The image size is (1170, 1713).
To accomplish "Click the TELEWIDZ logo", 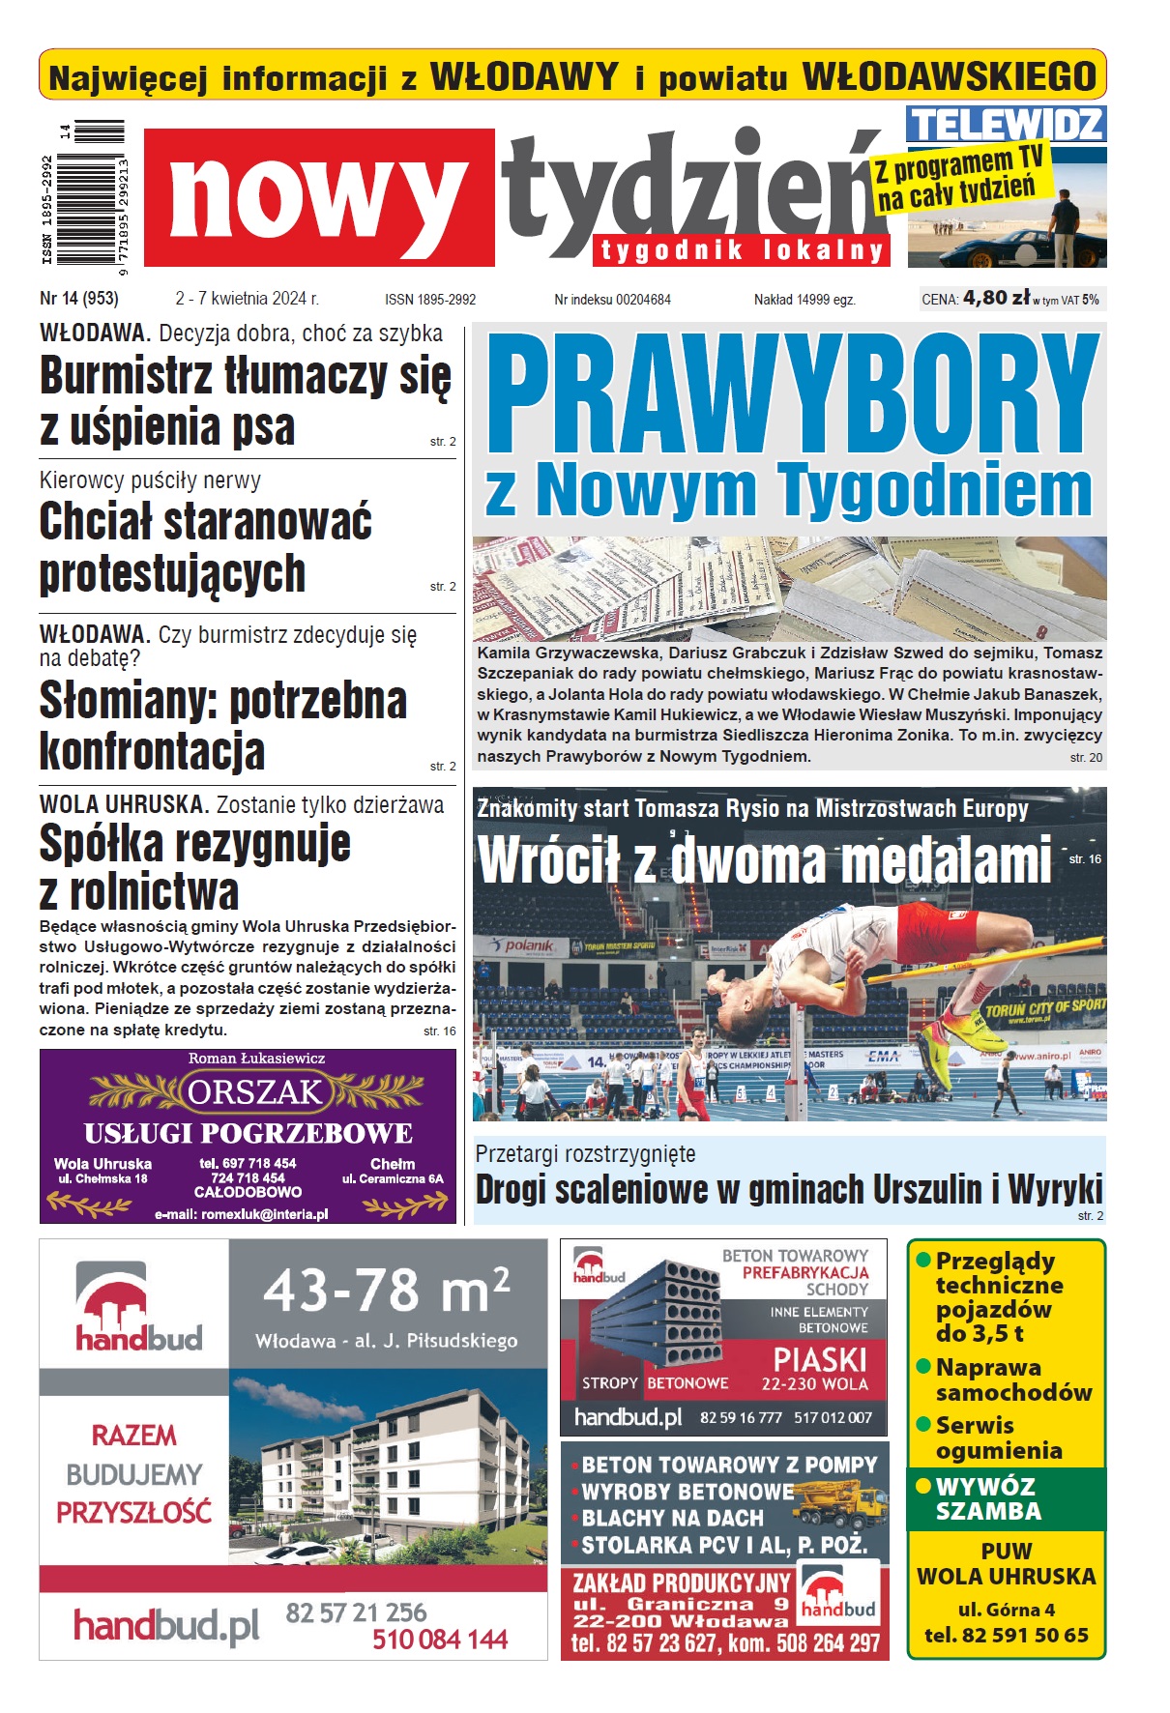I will point(1006,125).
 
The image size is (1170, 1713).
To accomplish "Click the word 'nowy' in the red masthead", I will point(319,199).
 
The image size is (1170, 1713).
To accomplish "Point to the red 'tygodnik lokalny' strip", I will point(742,250).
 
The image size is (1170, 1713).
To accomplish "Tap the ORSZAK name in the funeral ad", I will point(254,1092).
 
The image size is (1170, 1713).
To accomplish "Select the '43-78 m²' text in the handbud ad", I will point(386,1292).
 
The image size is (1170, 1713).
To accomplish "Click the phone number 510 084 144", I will point(440,1640).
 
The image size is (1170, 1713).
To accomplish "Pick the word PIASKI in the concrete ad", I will point(820,1360).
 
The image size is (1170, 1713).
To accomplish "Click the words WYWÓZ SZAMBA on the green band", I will point(987,1498).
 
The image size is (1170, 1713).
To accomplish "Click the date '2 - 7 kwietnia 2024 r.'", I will point(247,299).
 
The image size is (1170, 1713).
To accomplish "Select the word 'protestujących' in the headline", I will point(172,573).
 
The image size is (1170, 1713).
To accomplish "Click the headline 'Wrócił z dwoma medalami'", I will point(764,859).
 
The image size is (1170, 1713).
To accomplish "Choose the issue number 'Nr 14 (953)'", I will point(79,299).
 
